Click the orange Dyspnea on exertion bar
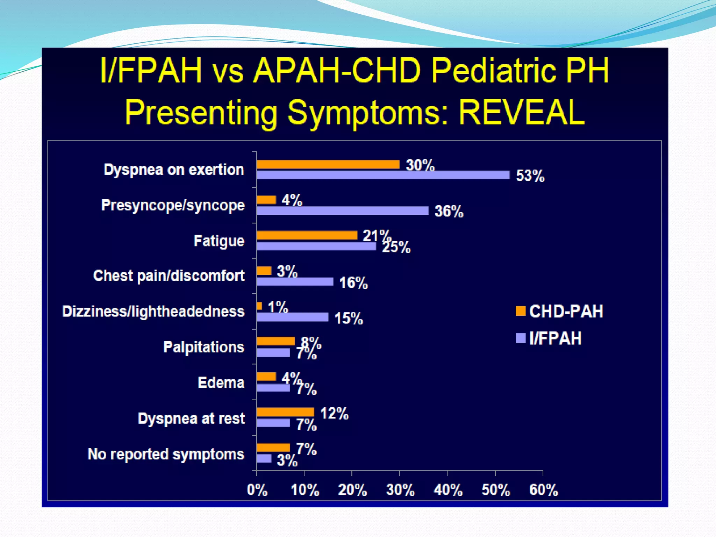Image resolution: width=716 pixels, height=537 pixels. (x=328, y=164)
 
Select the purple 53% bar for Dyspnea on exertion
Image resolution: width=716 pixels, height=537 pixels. (x=383, y=175)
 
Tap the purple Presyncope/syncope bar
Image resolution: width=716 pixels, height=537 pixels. (x=343, y=210)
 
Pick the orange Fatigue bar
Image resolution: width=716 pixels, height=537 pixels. (x=307, y=235)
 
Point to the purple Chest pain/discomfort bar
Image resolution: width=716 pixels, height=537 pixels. (x=295, y=282)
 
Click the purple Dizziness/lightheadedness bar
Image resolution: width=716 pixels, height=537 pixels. (x=293, y=317)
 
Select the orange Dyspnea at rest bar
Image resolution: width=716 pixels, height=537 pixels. (x=285, y=412)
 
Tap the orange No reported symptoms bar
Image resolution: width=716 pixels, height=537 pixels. (x=273, y=447)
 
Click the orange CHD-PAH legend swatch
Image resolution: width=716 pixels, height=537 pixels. (x=521, y=311)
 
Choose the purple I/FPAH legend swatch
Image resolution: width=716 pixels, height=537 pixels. (x=521, y=338)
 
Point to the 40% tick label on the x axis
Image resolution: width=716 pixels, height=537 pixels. (x=448, y=490)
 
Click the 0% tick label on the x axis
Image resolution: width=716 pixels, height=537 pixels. (x=257, y=490)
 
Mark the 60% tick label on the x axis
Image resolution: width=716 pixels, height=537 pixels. (x=543, y=490)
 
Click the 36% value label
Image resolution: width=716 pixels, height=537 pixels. (x=449, y=212)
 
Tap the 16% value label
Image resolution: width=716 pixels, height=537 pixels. (x=353, y=282)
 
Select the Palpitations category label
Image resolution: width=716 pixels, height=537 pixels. (x=204, y=347)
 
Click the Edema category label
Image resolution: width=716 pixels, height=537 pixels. (x=221, y=383)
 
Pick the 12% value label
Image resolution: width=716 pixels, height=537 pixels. (x=334, y=414)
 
